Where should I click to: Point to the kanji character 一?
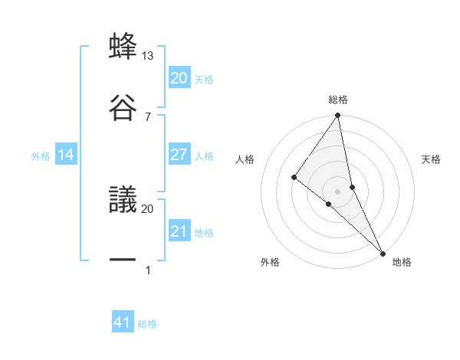tap(123, 260)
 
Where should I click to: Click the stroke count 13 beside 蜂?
tap(148, 56)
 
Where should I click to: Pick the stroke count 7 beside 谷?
tap(148, 116)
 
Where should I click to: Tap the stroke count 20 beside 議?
tap(148, 208)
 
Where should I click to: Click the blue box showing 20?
tap(179, 78)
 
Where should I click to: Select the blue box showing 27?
tap(179, 155)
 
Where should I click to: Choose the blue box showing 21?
tap(179, 231)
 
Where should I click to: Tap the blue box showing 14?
tap(66, 155)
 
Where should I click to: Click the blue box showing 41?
tap(123, 322)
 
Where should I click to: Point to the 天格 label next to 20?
tap(204, 79)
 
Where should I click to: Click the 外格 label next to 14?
tap(41, 156)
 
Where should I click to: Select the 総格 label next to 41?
tap(147, 324)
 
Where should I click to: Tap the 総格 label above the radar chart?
tap(338, 100)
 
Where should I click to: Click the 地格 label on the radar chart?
tap(402, 263)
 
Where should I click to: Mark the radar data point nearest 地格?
tap(383, 253)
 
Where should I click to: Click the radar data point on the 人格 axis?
tap(294, 178)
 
